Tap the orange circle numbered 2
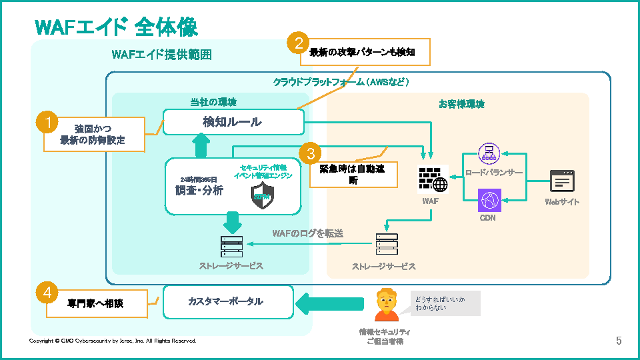(298, 44)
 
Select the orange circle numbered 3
(310, 153)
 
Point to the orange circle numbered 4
(46, 292)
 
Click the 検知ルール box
(233, 122)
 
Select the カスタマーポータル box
(228, 302)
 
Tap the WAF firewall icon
(432, 178)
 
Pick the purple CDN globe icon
(489, 200)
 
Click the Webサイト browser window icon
(562, 181)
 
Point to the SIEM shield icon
(262, 195)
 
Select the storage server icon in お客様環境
(386, 245)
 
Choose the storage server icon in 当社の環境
(231, 247)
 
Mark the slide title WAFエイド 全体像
(116, 27)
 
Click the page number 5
(619, 341)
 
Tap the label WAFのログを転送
(307, 233)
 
